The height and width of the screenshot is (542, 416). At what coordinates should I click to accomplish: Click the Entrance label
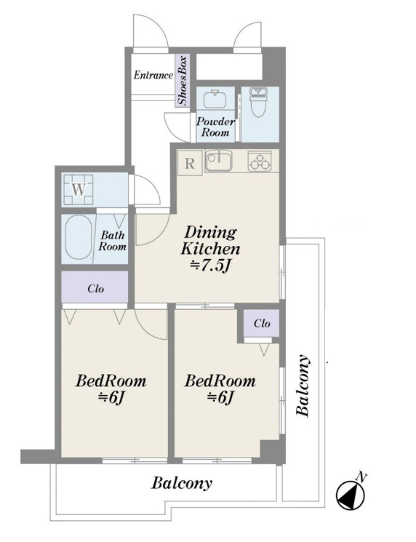[153, 75]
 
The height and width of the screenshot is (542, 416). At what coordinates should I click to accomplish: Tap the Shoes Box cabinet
[183, 81]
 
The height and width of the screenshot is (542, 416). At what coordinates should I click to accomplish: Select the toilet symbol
[259, 102]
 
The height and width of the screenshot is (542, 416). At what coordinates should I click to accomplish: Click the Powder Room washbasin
[215, 98]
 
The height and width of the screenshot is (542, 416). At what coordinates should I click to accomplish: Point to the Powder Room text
[215, 127]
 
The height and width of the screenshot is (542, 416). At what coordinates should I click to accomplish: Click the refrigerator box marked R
[190, 164]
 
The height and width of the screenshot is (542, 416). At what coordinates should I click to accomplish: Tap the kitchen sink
[218, 162]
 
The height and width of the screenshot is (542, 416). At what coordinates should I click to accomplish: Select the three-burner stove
[260, 162]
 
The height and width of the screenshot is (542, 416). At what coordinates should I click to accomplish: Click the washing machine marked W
[78, 190]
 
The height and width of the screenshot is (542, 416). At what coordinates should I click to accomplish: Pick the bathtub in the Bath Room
[79, 237]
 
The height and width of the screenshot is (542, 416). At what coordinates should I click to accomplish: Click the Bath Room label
[112, 241]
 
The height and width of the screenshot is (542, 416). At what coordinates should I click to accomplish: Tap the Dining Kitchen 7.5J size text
[210, 266]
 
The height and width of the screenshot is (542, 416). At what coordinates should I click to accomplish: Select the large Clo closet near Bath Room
[95, 287]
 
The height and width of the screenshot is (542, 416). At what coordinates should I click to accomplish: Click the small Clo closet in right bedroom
[261, 323]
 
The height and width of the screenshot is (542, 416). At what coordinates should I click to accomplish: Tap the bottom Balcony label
[182, 483]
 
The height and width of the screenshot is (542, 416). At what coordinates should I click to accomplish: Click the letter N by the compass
[361, 477]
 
